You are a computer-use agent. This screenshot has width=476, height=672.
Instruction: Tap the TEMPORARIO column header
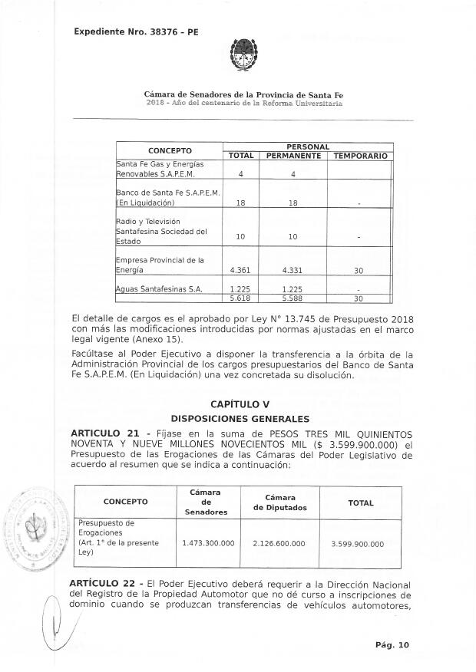359,156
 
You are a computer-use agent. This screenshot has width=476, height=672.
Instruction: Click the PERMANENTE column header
293,156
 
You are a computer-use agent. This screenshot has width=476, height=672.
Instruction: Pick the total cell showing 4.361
241,271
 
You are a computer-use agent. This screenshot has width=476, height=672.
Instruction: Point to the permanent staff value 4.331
293,271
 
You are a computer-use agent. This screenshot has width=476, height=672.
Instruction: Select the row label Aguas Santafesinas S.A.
159,288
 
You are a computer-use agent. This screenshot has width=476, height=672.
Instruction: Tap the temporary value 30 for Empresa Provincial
359,271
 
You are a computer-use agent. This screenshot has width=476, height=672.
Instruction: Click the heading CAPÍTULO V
240,404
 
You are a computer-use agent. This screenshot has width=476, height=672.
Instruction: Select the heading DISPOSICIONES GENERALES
240,419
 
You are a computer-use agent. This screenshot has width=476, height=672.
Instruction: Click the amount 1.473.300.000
208,543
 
